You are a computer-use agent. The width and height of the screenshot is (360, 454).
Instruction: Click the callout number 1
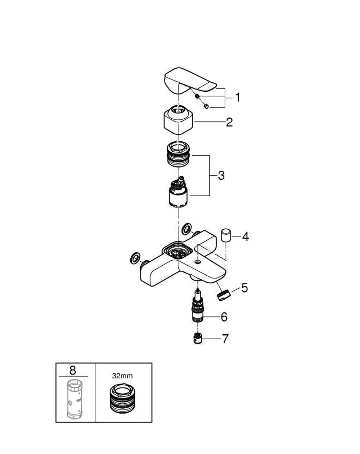click(238, 98)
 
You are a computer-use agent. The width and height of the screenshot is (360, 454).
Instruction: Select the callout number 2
click(229, 122)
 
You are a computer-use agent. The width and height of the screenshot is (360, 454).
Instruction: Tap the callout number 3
click(221, 175)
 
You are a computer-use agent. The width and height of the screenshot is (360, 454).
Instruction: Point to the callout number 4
click(245, 237)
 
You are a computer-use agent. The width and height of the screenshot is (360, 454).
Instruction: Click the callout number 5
click(244, 288)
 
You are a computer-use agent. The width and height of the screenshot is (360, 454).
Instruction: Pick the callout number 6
click(224, 317)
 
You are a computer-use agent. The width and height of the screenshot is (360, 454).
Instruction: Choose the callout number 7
click(225, 339)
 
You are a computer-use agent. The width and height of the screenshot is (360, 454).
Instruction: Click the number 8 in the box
click(72, 371)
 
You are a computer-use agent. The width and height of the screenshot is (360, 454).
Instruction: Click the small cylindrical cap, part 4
click(226, 235)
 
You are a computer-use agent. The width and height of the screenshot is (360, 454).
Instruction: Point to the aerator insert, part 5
click(224, 295)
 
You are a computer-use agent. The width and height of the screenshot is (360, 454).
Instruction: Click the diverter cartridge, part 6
click(197, 306)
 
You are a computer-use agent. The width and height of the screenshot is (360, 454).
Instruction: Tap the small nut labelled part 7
click(198, 339)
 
